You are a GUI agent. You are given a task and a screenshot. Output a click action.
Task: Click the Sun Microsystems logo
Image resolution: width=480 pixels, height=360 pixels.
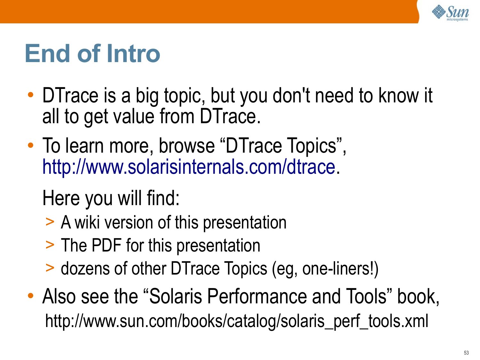(x=450, y=13)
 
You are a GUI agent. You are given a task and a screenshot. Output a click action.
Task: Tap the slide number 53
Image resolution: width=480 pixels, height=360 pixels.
(x=466, y=353)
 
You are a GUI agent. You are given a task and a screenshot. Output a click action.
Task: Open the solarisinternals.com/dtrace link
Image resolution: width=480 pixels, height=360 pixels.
(x=189, y=167)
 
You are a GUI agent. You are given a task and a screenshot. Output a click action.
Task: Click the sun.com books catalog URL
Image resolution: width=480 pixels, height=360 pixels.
(x=236, y=321)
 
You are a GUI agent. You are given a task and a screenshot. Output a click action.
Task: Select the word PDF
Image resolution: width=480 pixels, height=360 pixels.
(x=106, y=245)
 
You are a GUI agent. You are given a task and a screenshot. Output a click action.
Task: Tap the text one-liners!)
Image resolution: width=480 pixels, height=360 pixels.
(x=340, y=269)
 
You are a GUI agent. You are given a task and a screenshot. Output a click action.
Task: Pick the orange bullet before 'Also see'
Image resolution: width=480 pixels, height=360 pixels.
(x=31, y=296)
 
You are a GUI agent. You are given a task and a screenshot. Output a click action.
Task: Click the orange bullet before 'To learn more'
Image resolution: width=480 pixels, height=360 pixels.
(x=31, y=145)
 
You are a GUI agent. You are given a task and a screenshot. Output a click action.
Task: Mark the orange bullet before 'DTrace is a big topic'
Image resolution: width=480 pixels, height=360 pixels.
(x=31, y=95)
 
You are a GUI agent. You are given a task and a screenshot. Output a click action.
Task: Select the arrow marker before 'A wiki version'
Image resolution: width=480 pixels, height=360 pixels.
(x=50, y=222)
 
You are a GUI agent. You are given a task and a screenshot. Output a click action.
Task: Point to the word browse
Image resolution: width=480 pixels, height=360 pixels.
(x=187, y=145)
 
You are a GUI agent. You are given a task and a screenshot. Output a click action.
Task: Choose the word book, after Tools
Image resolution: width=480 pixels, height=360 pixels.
(x=418, y=297)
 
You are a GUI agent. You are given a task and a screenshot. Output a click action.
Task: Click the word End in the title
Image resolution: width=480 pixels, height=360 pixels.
(x=48, y=53)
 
